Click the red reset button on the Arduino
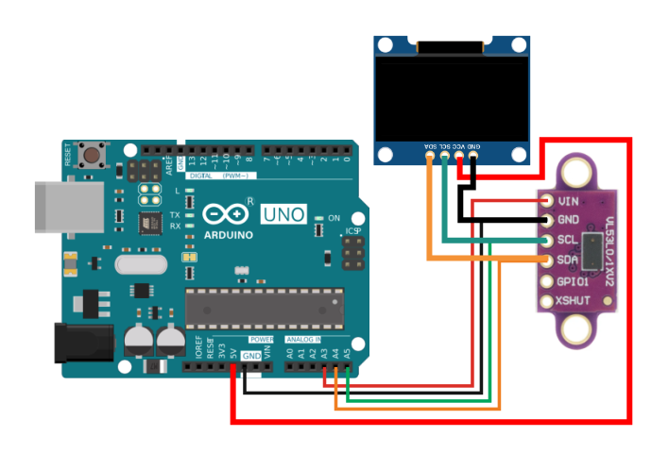coord(94,154)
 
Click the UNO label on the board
coord(283,214)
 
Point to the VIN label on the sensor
coord(568,201)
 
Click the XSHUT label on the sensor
coord(573,301)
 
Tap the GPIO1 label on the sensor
coord(573,281)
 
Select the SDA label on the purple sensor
coord(568,260)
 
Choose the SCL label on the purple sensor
coord(568,241)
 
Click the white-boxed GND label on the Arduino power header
coord(250,356)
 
